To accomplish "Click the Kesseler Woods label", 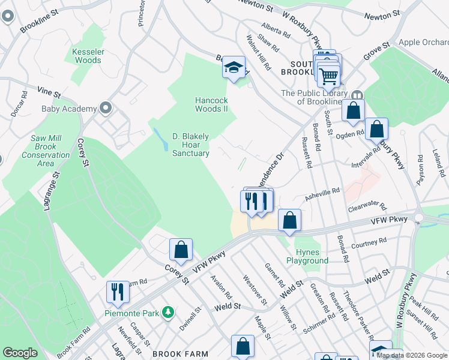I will tap(88, 56).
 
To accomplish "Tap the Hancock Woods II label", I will tap(211, 104).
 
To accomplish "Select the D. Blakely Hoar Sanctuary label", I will tap(191, 145).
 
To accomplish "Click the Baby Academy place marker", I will tap(106, 108).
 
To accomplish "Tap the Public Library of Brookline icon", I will tap(357, 95).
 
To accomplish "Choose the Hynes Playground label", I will tap(311, 256).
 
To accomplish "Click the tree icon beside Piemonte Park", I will tap(169, 312).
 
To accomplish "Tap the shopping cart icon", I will tap(328, 76).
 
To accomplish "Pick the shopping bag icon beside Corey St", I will tap(181, 249).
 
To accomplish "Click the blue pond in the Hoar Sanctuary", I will tap(163, 139).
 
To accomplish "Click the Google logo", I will tap(20, 353).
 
